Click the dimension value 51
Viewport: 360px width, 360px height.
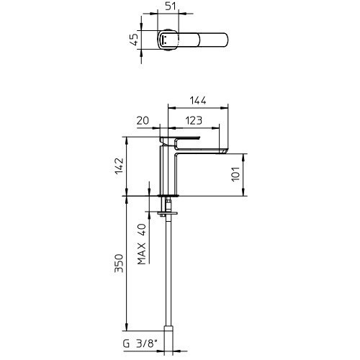[171, 6]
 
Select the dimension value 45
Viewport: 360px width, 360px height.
[135, 40]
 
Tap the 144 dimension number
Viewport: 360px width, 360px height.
[198, 101]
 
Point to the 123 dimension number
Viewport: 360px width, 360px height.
[194, 120]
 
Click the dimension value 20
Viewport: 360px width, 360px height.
[143, 120]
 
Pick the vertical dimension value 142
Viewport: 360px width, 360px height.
[120, 166]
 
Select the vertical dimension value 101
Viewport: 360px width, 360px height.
[235, 174]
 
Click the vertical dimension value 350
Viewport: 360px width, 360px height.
[119, 264]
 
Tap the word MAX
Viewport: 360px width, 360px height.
[142, 253]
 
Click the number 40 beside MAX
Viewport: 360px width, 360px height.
[142, 230]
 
